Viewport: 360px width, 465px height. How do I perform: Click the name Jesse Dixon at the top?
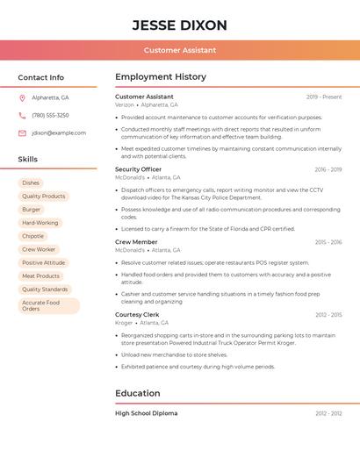[180, 25]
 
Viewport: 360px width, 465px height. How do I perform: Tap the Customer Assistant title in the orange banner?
[180, 50]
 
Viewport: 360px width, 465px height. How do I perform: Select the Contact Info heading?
[41, 77]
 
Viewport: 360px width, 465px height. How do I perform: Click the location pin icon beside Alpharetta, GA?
[22, 97]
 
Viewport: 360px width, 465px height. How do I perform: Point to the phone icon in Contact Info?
[22, 115]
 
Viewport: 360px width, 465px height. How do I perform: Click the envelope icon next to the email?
[22, 133]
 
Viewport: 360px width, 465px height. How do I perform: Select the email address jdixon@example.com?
[59, 133]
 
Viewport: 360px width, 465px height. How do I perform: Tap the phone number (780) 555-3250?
[50, 115]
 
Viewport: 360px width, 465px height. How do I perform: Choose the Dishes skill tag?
[31, 183]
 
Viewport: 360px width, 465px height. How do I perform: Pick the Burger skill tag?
[32, 210]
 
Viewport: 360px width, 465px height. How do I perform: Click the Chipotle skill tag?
[33, 236]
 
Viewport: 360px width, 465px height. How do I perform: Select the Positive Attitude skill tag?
[44, 262]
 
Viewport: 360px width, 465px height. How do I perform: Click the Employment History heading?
[161, 77]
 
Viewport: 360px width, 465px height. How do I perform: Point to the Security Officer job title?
[138, 169]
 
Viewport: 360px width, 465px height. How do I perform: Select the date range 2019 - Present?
[324, 97]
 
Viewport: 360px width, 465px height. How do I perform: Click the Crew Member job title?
[136, 241]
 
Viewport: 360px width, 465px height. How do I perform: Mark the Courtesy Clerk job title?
[137, 314]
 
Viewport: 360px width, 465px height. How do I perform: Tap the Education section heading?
[138, 393]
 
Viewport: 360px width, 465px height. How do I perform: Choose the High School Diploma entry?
[146, 413]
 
